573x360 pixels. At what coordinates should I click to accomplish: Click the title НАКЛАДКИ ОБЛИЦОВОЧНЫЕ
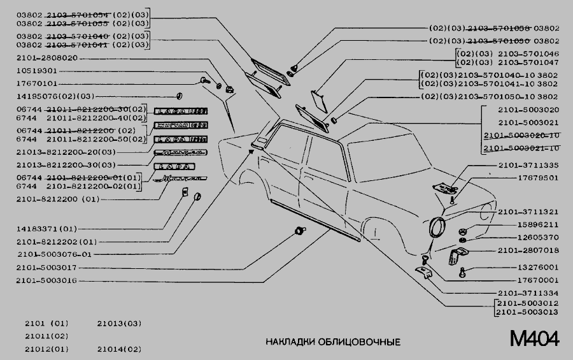[333, 342]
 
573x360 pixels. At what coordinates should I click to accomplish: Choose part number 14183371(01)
[46, 228]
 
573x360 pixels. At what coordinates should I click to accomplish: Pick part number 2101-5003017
[46, 268]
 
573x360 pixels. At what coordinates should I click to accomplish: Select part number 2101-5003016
[46, 280]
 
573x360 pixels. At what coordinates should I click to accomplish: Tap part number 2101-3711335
[528, 165]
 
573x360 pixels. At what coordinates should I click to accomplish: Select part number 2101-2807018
[528, 250]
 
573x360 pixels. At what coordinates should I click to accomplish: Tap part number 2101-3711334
[528, 292]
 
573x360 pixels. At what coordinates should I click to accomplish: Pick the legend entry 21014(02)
[119, 349]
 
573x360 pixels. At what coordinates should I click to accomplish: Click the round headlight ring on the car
[437, 228]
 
